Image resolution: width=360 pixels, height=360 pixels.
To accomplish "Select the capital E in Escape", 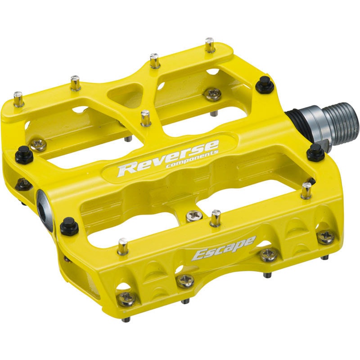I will click(x=199, y=255).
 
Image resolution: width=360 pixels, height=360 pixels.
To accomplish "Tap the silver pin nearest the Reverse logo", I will click(x=145, y=118).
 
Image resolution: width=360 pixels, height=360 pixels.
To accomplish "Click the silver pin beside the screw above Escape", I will click(x=216, y=217).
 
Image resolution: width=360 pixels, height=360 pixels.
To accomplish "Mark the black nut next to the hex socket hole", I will click(x=69, y=225).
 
